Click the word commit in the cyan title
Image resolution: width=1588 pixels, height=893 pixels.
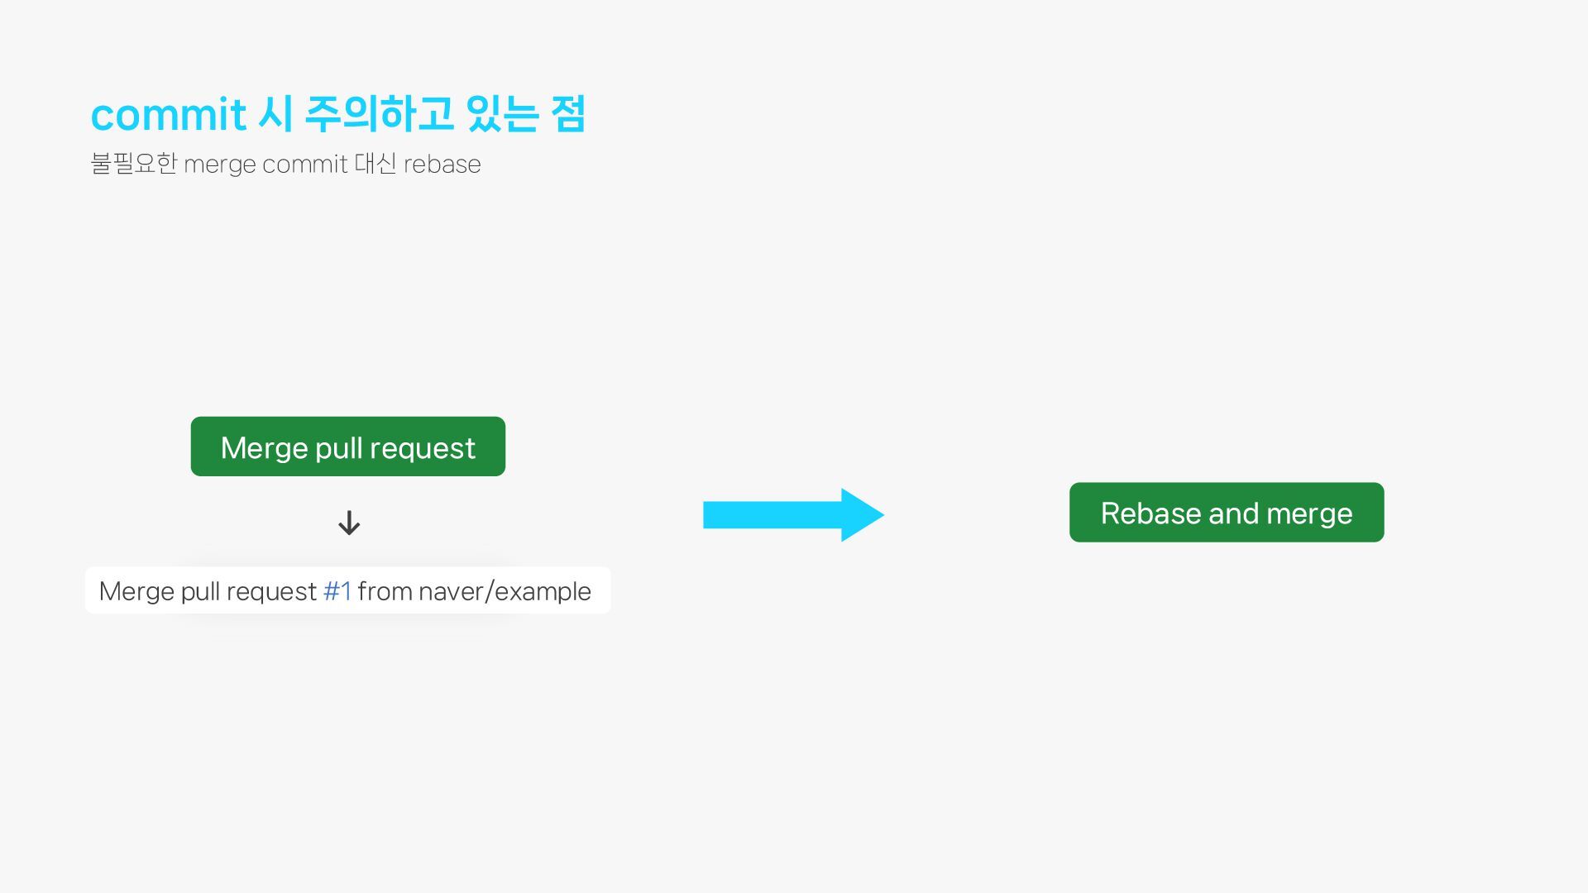168,114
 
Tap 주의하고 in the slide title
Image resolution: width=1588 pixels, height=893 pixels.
379,114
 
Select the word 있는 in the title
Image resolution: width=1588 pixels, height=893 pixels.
502,114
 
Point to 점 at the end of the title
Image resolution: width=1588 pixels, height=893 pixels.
568,114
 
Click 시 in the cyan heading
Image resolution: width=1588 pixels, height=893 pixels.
275,114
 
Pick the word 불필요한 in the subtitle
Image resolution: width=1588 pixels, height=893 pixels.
133,164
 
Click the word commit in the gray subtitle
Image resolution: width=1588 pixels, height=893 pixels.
304,165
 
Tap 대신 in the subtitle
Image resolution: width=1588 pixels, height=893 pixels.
375,164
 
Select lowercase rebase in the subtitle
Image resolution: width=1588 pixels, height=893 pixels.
442,165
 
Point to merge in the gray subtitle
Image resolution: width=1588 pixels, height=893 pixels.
219,165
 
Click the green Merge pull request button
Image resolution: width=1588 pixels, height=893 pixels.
347,446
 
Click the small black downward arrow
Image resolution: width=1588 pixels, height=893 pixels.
349,523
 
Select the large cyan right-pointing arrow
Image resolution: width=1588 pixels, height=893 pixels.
792,514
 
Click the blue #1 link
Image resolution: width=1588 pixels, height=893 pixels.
337,591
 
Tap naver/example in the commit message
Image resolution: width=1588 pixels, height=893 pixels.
505,591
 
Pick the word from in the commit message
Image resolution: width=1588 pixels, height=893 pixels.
385,591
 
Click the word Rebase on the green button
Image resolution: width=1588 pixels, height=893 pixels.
1150,513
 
